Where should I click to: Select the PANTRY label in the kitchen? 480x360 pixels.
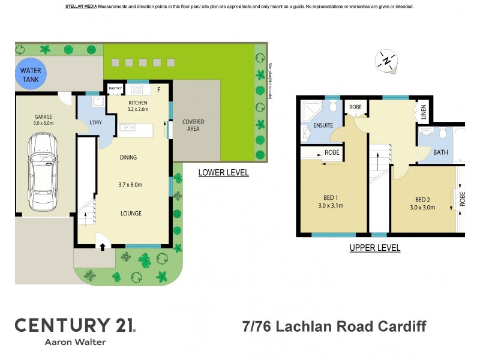(115, 89)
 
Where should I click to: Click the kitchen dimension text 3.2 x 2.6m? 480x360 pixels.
(137, 109)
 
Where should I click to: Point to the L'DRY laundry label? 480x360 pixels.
(96, 123)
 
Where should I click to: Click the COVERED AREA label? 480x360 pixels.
(193, 125)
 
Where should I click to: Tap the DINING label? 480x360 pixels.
(128, 158)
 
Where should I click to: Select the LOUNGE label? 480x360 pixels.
(130, 213)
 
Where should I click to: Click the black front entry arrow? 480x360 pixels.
(101, 245)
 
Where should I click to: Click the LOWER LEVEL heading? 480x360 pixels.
(223, 173)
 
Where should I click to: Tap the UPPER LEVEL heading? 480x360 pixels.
(375, 248)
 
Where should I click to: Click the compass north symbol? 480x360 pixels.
(387, 61)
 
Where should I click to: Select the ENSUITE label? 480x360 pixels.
(323, 125)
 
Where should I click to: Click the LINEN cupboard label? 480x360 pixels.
(424, 113)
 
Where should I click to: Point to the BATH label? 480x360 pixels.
(440, 152)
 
